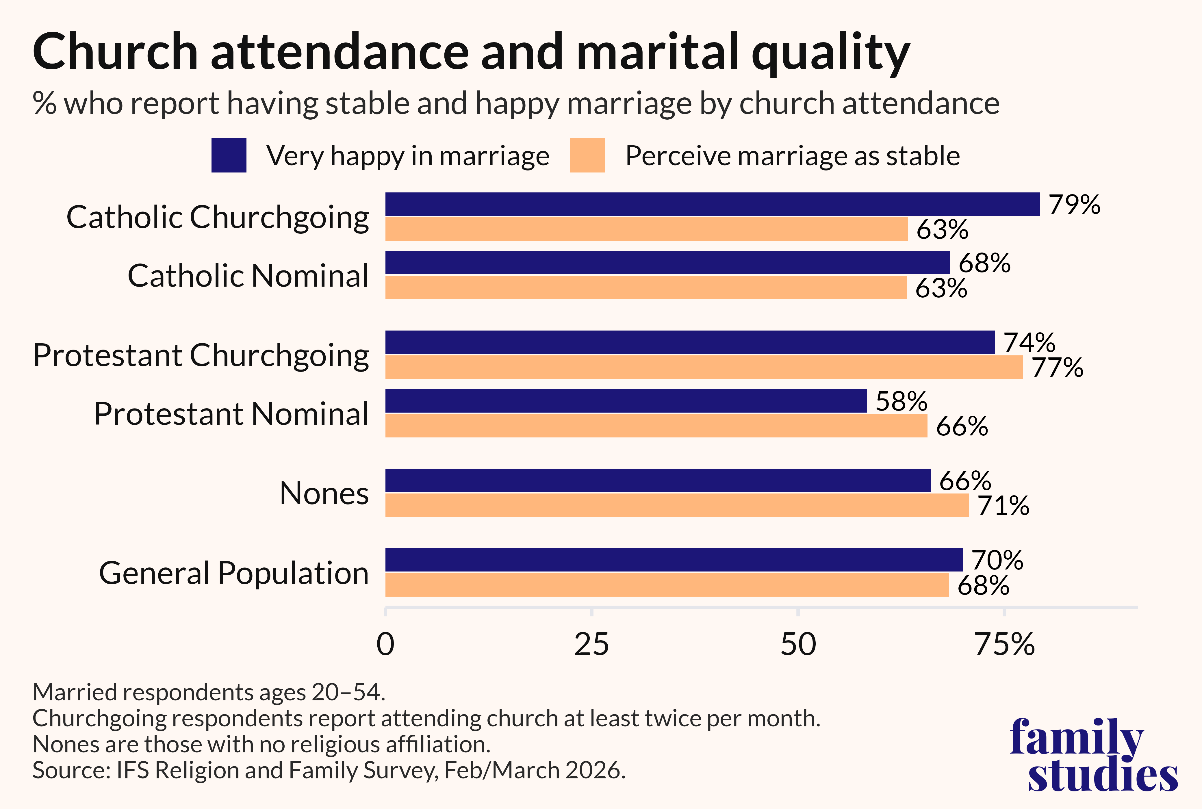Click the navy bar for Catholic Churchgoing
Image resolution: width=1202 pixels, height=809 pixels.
tap(713, 204)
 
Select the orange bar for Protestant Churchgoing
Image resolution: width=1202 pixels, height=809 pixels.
tap(704, 367)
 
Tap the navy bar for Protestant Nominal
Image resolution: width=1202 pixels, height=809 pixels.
tap(626, 401)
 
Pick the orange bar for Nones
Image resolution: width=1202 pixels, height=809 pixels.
tap(677, 505)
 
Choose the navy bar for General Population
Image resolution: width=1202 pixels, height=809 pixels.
tap(674, 560)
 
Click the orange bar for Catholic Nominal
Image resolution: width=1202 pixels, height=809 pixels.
tap(646, 288)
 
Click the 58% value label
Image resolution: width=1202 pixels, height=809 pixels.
tap(901, 401)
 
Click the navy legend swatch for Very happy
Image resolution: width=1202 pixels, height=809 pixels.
tap(229, 155)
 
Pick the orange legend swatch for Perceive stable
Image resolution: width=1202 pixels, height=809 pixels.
tap(587, 155)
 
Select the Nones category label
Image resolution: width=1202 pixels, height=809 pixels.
tap(324, 493)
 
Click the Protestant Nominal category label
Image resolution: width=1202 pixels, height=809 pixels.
tap(231, 414)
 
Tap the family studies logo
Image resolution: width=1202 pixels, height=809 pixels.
tap(1094, 754)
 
